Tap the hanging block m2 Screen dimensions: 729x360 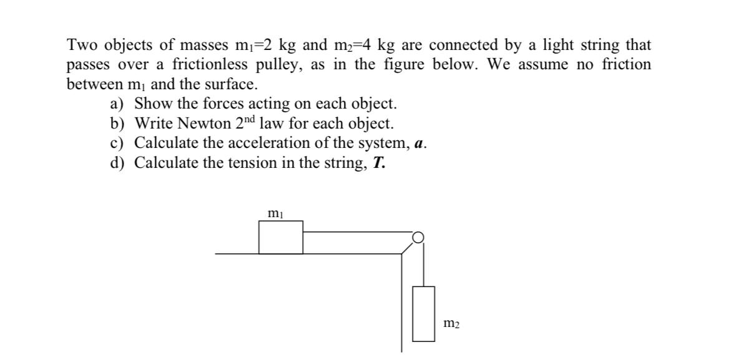click(424, 314)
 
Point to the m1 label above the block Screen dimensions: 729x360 click(275, 214)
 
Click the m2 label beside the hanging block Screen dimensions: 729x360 click(453, 323)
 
